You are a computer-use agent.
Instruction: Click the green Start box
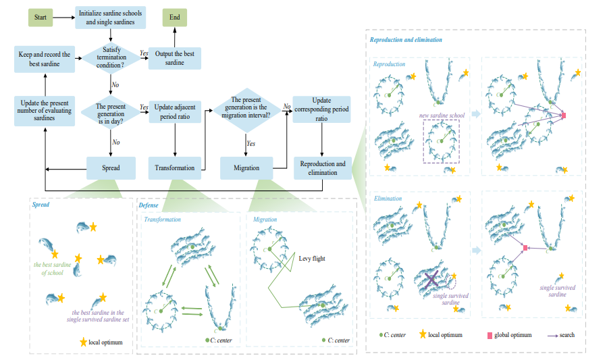41,18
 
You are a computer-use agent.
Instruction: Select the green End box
175,18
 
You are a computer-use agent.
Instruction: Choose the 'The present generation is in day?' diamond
109,111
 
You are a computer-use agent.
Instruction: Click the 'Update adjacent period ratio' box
175,111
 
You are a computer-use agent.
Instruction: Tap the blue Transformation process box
175,168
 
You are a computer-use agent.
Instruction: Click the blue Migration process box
246,168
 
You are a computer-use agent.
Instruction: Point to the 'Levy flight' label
312,258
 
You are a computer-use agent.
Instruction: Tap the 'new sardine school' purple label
442,115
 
